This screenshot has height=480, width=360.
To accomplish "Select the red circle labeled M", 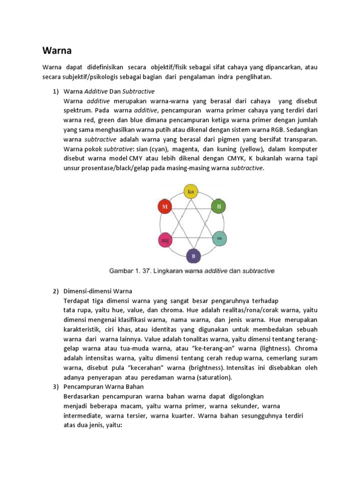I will tap(165, 207).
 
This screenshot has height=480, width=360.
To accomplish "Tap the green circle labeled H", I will tap(218, 206).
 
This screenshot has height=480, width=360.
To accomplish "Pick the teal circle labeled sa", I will tap(219, 238).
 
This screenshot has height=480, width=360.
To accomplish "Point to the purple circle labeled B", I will tap(193, 256).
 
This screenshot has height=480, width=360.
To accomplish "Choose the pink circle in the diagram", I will tap(165, 240).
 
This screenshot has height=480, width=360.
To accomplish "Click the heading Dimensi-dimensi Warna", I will tap(98, 291).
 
